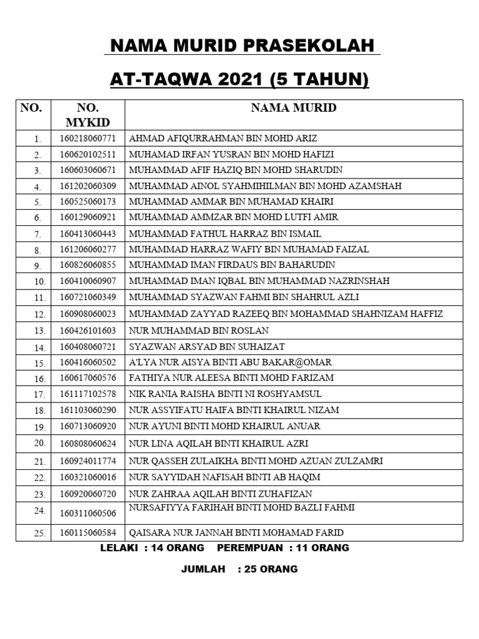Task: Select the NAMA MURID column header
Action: click(293, 108)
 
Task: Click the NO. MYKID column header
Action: click(88, 115)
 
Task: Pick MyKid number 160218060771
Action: click(88, 138)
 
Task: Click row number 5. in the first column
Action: click(37, 202)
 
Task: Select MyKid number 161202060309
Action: click(88, 186)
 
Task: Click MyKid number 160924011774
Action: click(88, 462)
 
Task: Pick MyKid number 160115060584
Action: click(88, 534)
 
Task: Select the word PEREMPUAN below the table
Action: click(249, 549)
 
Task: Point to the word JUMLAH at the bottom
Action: click(203, 569)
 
